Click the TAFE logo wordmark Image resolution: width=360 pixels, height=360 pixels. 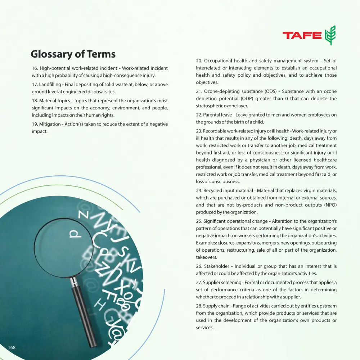pyautogui.click(x=302, y=35)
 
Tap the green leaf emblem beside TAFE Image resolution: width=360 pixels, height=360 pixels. pyautogui.click(x=330, y=35)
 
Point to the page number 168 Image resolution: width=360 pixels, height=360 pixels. pyautogui.click(x=12, y=347)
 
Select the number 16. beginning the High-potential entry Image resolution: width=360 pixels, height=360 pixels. pyautogui.click(x=35, y=68)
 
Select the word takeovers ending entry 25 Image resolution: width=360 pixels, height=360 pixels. pyautogui.click(x=207, y=257)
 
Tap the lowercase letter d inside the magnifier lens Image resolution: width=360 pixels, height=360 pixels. pyautogui.click(x=74, y=235)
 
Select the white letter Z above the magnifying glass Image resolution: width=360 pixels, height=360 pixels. pyautogui.click(x=82, y=216)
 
